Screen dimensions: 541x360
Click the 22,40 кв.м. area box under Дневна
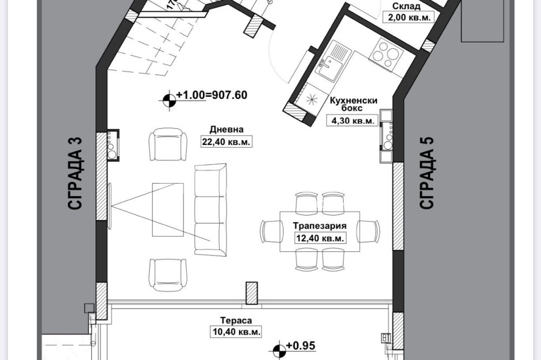(x=227, y=142)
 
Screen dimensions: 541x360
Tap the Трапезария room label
(x=320, y=226)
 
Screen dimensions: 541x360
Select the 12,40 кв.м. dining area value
(x=320, y=238)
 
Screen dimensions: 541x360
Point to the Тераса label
(x=236, y=321)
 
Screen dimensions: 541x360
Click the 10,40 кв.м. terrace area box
(x=235, y=332)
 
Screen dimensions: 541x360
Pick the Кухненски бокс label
(x=354, y=104)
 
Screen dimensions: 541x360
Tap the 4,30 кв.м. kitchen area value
(x=353, y=121)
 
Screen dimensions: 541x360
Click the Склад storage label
(x=406, y=6)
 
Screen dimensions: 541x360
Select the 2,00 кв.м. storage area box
(x=409, y=18)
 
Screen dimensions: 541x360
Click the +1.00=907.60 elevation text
(x=212, y=95)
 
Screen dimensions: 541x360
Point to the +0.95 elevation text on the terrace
(x=300, y=345)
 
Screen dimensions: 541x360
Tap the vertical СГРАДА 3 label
(x=76, y=173)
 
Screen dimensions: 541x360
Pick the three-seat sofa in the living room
(x=210, y=210)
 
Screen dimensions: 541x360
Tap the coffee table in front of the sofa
(x=168, y=210)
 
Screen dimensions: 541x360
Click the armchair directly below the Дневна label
(x=168, y=144)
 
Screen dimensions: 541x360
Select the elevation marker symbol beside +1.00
(x=169, y=101)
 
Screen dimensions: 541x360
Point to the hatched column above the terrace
(x=252, y=293)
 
